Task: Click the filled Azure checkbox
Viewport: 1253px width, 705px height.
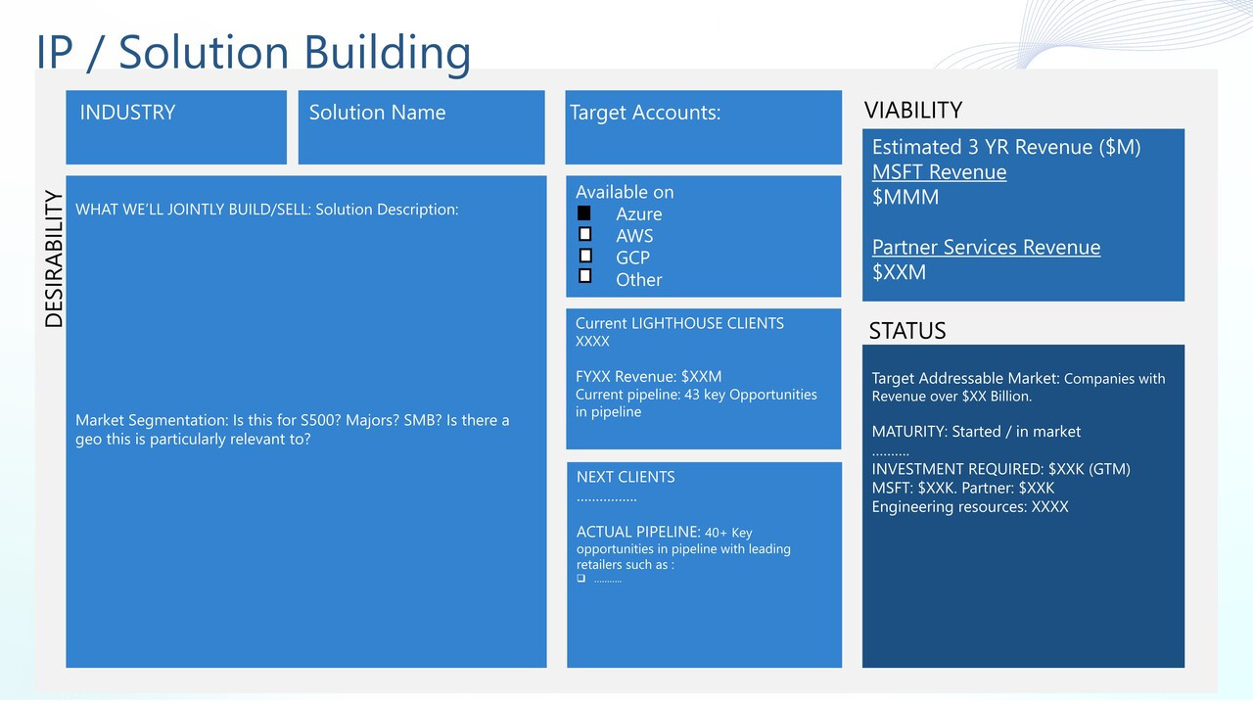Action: click(584, 213)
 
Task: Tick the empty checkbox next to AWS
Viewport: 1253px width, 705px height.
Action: click(585, 234)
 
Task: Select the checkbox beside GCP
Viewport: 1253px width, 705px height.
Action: click(585, 256)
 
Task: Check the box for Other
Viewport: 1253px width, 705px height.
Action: click(585, 276)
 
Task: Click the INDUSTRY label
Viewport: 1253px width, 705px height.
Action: click(127, 113)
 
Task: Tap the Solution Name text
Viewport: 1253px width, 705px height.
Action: click(378, 113)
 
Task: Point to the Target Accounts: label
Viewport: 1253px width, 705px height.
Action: click(645, 113)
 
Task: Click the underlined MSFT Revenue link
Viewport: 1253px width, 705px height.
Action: click(939, 172)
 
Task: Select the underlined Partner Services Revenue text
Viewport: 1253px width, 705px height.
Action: click(986, 248)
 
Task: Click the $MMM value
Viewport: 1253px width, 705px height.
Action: click(905, 197)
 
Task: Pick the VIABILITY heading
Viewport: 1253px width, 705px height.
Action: click(913, 111)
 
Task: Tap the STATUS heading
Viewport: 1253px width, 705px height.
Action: click(907, 331)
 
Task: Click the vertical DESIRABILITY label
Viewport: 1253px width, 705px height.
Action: click(54, 258)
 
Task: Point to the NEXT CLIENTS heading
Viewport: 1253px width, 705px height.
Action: click(626, 477)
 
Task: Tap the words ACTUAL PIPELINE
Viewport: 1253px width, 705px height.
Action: click(638, 532)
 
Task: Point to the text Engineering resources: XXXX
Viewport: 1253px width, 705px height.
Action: click(970, 507)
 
